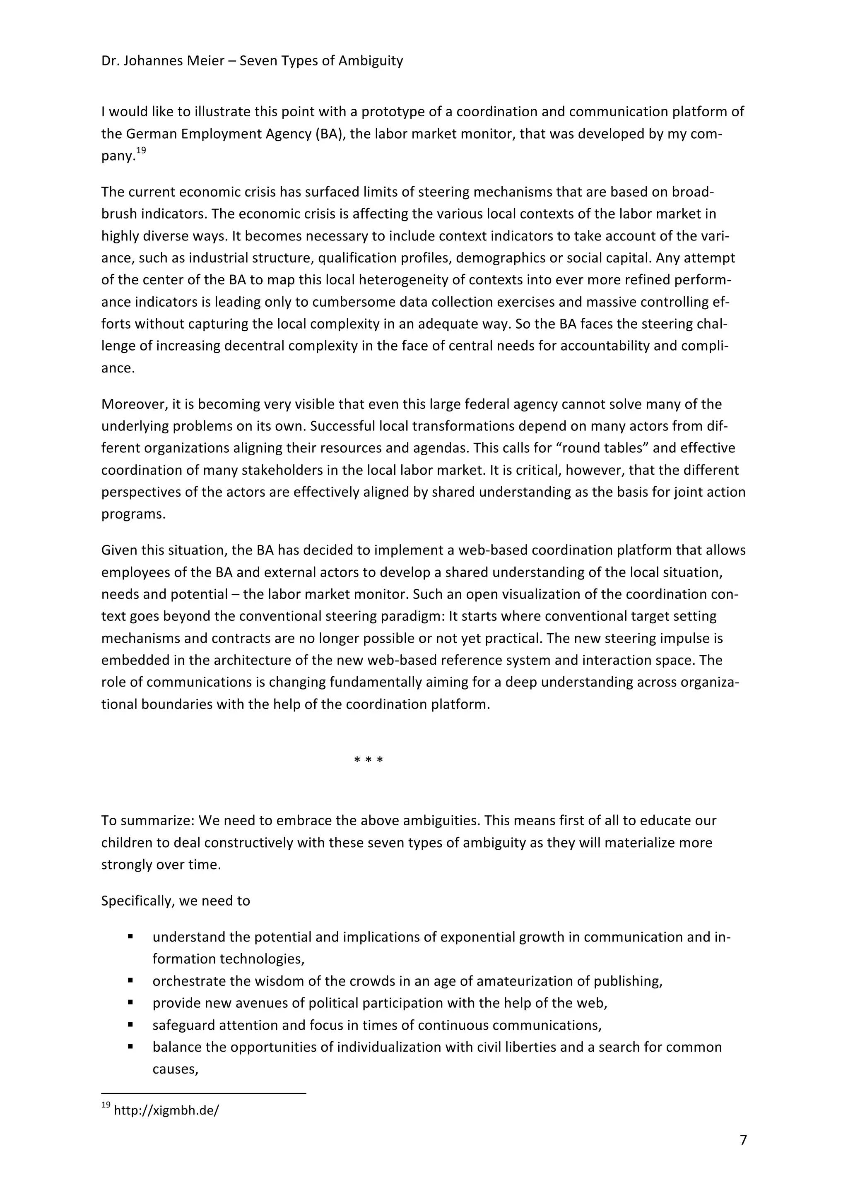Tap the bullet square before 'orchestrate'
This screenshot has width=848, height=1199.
point(130,981)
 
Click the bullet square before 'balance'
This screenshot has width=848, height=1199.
point(130,1047)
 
